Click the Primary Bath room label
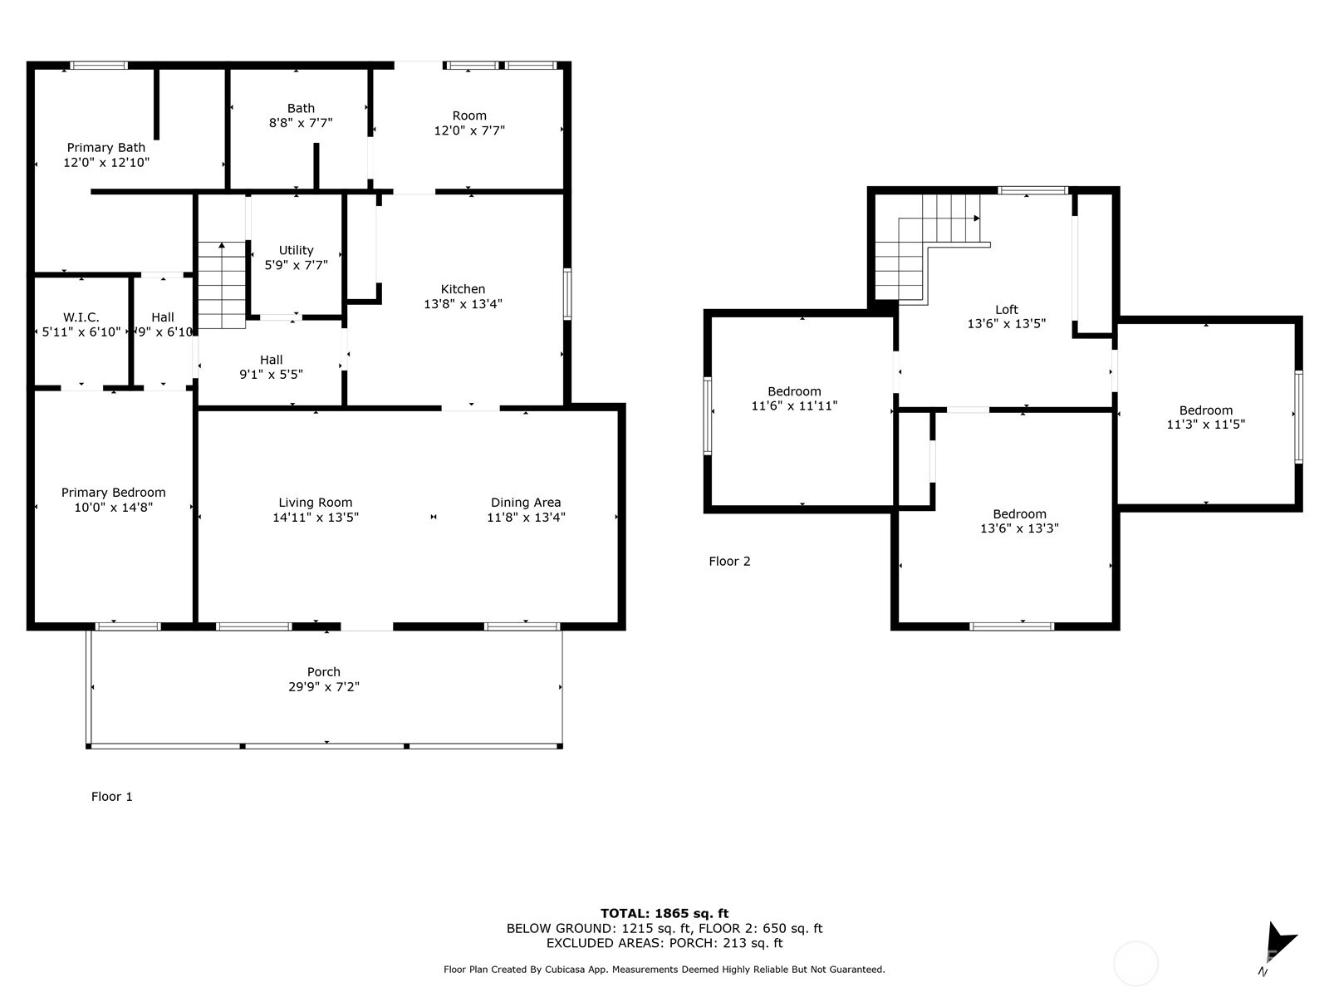coord(106,148)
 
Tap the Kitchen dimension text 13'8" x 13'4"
coord(463,304)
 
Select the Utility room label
coord(296,251)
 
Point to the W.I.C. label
coord(81,317)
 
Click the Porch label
coord(324,672)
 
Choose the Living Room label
coord(316,503)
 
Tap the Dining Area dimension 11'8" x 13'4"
coord(526,517)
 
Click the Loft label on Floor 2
coord(1007,310)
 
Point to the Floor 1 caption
coord(111,797)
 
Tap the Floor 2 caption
coord(729,561)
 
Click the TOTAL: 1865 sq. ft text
coord(664,913)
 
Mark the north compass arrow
coord(1278,942)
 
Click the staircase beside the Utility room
coord(222,285)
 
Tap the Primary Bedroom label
coord(113,493)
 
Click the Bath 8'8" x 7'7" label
coord(301,115)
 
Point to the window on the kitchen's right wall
coord(567,294)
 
